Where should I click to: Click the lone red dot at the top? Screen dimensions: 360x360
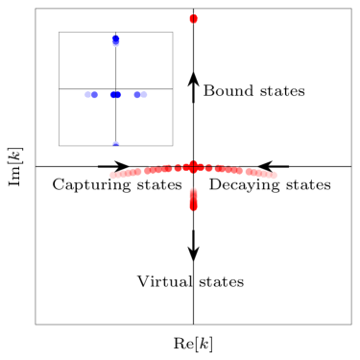pos(193,18)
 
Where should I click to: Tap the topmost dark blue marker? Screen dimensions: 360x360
pos(116,40)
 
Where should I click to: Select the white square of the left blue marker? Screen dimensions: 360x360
pos(88,94)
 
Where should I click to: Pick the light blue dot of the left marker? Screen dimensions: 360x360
pos(95,95)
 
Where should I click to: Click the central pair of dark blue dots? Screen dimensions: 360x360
pos(115,95)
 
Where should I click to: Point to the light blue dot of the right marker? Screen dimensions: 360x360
pos(137,95)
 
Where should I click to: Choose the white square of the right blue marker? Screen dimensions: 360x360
pos(144,94)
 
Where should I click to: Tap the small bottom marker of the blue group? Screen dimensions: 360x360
pos(116,144)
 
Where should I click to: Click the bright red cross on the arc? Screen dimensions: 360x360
pos(193,167)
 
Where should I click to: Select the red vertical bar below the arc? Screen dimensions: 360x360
pos(193,200)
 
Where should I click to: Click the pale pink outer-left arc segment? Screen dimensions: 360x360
pos(126,173)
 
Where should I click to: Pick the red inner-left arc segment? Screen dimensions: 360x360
pos(158,169)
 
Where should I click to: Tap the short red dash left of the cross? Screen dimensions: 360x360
pos(179,168)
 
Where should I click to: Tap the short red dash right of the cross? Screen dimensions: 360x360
pos(207,168)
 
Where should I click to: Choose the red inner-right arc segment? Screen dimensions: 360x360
pos(228,169)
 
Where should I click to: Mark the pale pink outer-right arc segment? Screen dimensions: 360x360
pos(258,173)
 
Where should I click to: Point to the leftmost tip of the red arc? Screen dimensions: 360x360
pos(111,175)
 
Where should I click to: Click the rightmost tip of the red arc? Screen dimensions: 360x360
pos(275,175)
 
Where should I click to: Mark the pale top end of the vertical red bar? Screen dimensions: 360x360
pos(193,189)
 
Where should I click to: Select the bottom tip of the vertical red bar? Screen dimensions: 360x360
pos(193,209)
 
